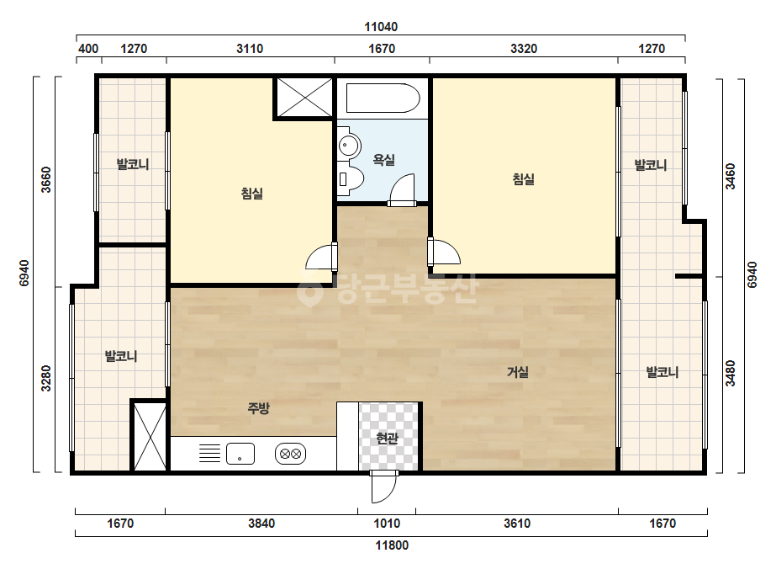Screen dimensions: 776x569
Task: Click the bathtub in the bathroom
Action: (383, 98)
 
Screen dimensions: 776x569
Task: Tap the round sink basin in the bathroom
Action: (349, 146)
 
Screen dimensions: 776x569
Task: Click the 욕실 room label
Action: (383, 160)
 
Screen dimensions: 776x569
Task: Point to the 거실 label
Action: (518, 372)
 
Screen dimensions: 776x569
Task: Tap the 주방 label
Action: (258, 408)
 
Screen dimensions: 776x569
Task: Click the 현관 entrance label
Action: (387, 439)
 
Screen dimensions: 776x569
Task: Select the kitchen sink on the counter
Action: (240, 454)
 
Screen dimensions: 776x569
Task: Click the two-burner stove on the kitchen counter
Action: (291, 454)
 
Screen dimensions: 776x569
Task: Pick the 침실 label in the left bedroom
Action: (252, 193)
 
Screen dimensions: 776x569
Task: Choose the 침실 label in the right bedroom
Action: (524, 178)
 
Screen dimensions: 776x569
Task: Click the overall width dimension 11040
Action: (381, 27)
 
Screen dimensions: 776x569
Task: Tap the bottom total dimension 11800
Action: (392, 545)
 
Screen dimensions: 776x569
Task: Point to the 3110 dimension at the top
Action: (250, 49)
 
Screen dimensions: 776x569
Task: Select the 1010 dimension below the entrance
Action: (387, 524)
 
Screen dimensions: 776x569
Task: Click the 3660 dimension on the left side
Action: (45, 179)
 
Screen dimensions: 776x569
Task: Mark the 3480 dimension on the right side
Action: (730, 373)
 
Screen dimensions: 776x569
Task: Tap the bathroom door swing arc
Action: (403, 189)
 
